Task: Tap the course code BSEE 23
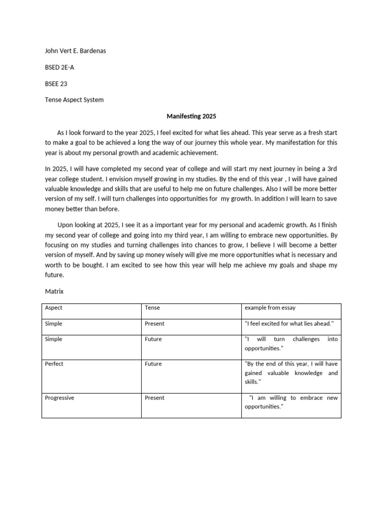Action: pyautogui.click(x=56, y=84)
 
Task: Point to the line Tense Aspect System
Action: pyautogui.click(x=74, y=100)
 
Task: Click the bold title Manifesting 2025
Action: pyautogui.click(x=191, y=116)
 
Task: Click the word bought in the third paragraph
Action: pyautogui.click(x=93, y=265)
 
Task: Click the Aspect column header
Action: pyautogui.click(x=54, y=308)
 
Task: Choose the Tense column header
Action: pyautogui.click(x=152, y=308)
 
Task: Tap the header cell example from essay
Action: pyautogui.click(x=270, y=308)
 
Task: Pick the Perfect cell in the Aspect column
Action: pyautogui.click(x=54, y=364)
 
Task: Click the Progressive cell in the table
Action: pyautogui.click(x=59, y=398)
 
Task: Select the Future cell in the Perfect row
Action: pyautogui.click(x=153, y=364)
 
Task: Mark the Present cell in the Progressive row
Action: pyautogui.click(x=154, y=398)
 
